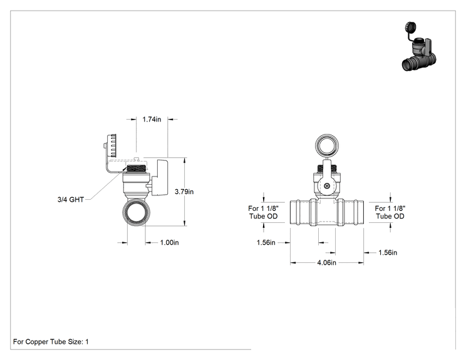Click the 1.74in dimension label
(152, 120)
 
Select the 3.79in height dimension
(184, 192)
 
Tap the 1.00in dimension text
(169, 243)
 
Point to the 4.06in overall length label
(326, 263)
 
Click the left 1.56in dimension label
(266, 243)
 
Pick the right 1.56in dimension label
(388, 253)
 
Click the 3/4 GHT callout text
(71, 200)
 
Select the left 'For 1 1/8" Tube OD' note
(264, 212)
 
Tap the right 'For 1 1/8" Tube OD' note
(390, 212)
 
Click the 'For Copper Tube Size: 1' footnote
(51, 342)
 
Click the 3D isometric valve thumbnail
(419, 46)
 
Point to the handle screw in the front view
(327, 186)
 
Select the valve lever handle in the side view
(160, 178)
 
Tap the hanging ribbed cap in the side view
(111, 145)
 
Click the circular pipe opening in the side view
(137, 212)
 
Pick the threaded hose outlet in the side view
(137, 169)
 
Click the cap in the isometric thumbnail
(410, 28)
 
